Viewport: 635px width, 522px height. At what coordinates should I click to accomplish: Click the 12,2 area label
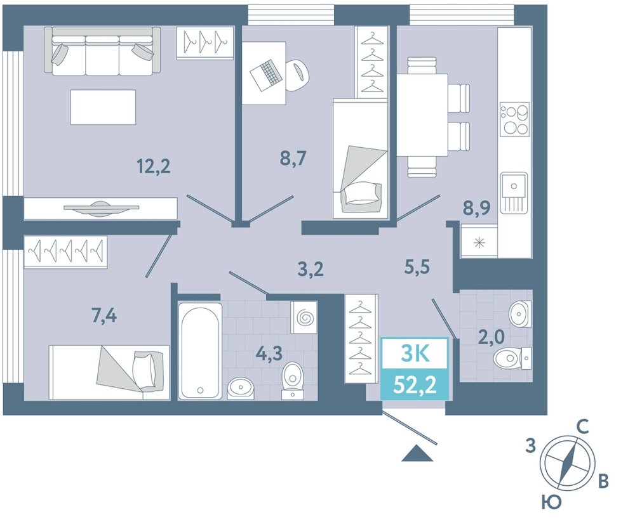[x=154, y=166]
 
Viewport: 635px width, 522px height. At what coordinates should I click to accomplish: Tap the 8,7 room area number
[x=293, y=158]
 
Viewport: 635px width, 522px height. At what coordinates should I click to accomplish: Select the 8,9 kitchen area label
[x=477, y=209]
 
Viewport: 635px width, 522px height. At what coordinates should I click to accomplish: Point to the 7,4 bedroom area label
[x=104, y=315]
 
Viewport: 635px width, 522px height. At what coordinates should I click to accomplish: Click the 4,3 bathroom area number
[x=269, y=353]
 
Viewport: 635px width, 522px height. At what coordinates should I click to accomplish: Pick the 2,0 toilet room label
[x=491, y=337]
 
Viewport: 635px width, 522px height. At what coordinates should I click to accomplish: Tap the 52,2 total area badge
[x=415, y=385]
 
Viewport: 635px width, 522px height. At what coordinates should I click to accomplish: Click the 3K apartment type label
[x=415, y=354]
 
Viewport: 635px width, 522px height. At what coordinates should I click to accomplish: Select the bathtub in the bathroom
[x=200, y=351]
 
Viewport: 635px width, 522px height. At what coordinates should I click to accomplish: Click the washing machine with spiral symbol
[x=304, y=317]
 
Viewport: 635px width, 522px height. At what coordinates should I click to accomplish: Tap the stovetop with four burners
[x=514, y=119]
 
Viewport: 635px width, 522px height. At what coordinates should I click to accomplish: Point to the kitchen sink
[x=514, y=193]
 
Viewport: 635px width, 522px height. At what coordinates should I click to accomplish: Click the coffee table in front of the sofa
[x=103, y=107]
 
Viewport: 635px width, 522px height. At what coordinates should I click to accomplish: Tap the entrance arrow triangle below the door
[x=417, y=453]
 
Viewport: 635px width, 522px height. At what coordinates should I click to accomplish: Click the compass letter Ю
[x=551, y=502]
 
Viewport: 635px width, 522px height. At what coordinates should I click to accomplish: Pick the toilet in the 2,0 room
[x=511, y=357]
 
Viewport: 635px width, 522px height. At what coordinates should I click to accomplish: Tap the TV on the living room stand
[x=101, y=207]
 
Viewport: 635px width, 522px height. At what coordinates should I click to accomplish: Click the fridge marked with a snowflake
[x=479, y=242]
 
